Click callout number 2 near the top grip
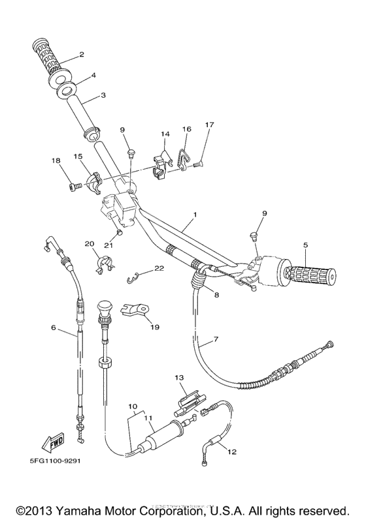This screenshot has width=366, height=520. coord(82,54)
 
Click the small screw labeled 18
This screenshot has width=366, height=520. coord(73,187)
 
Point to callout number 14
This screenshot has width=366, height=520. coord(165,134)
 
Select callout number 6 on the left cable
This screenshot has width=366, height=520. coord(53,328)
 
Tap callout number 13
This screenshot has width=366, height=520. coord(178,377)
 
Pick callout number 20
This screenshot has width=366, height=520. coord(89,243)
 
